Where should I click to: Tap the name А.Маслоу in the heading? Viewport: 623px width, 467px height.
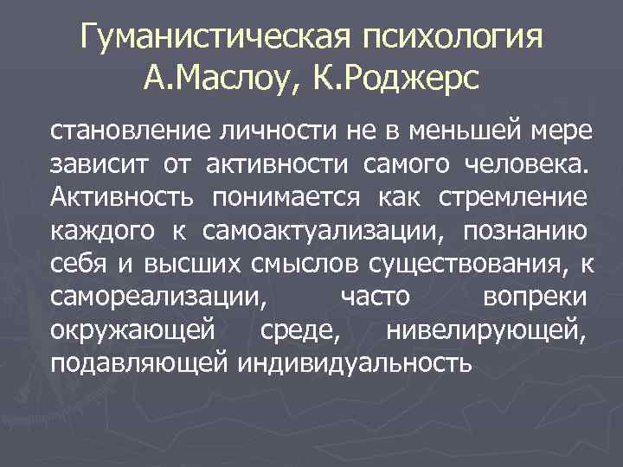[x=221, y=82]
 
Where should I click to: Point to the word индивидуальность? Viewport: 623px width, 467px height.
[x=355, y=363]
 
